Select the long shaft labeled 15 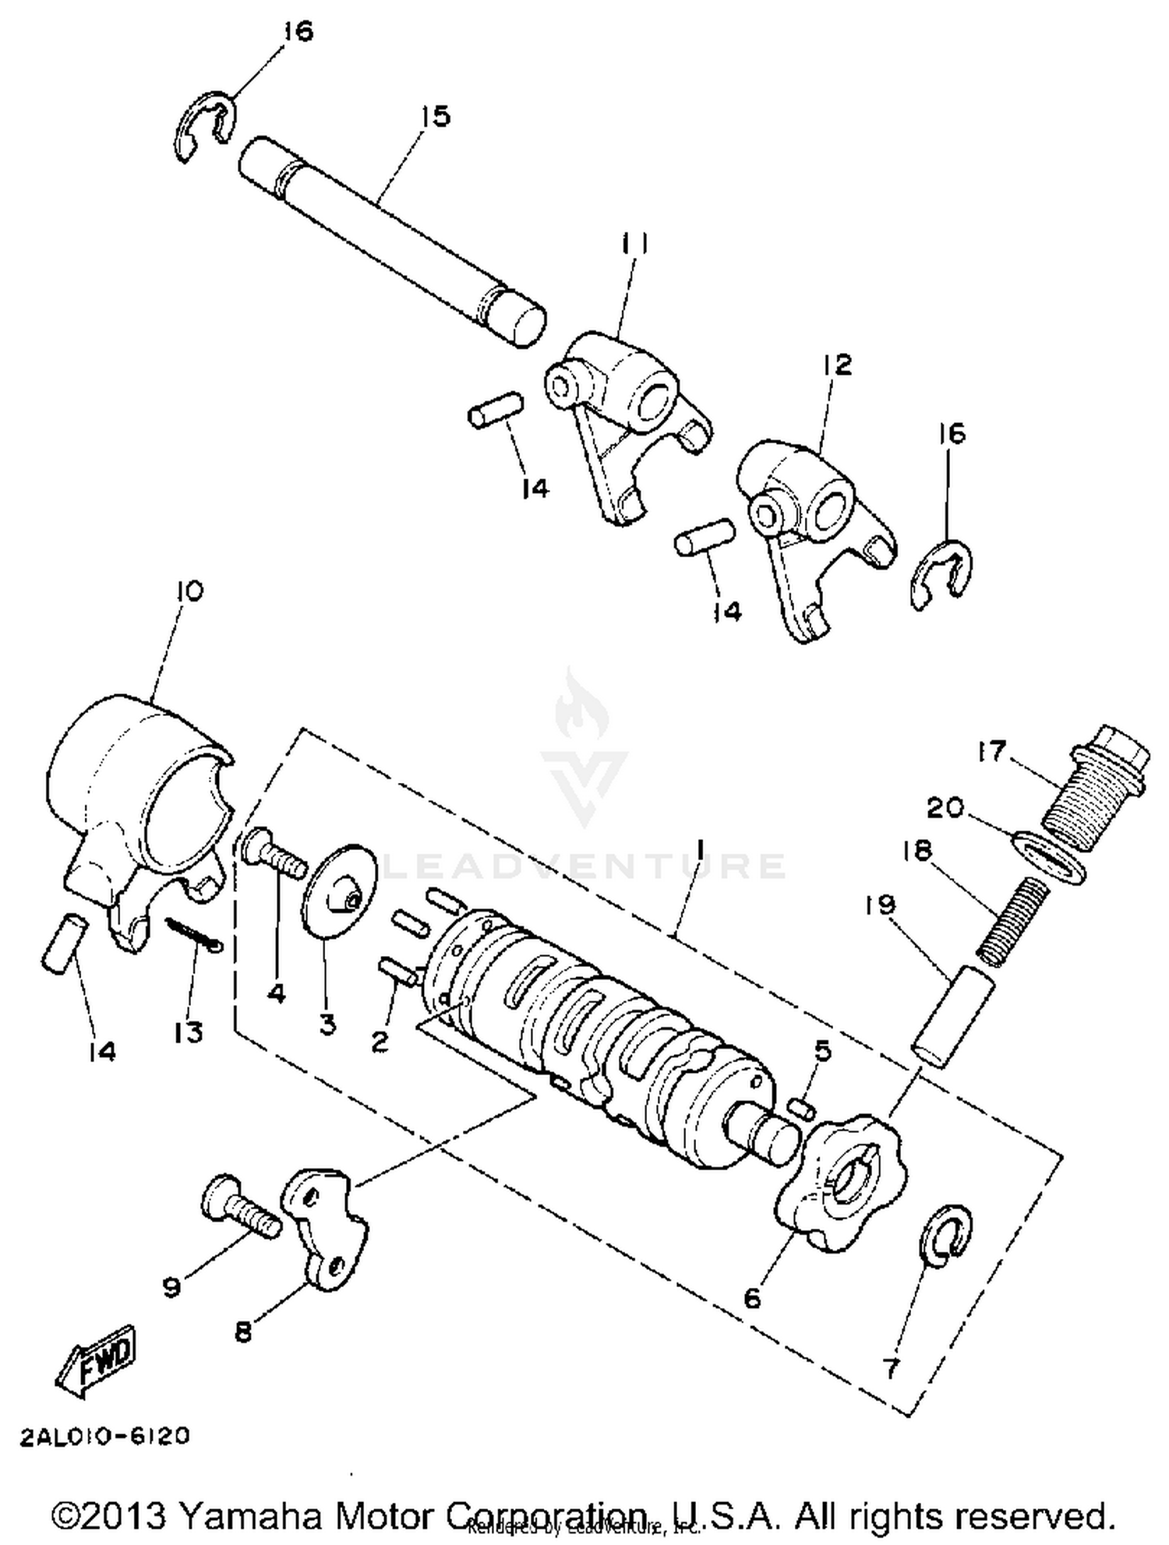coord(390,241)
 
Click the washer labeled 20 coord(1048,857)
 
